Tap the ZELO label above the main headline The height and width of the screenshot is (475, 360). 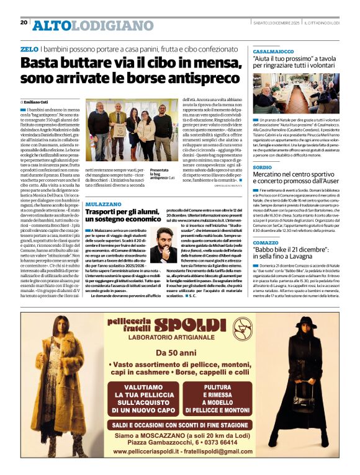[29, 48]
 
